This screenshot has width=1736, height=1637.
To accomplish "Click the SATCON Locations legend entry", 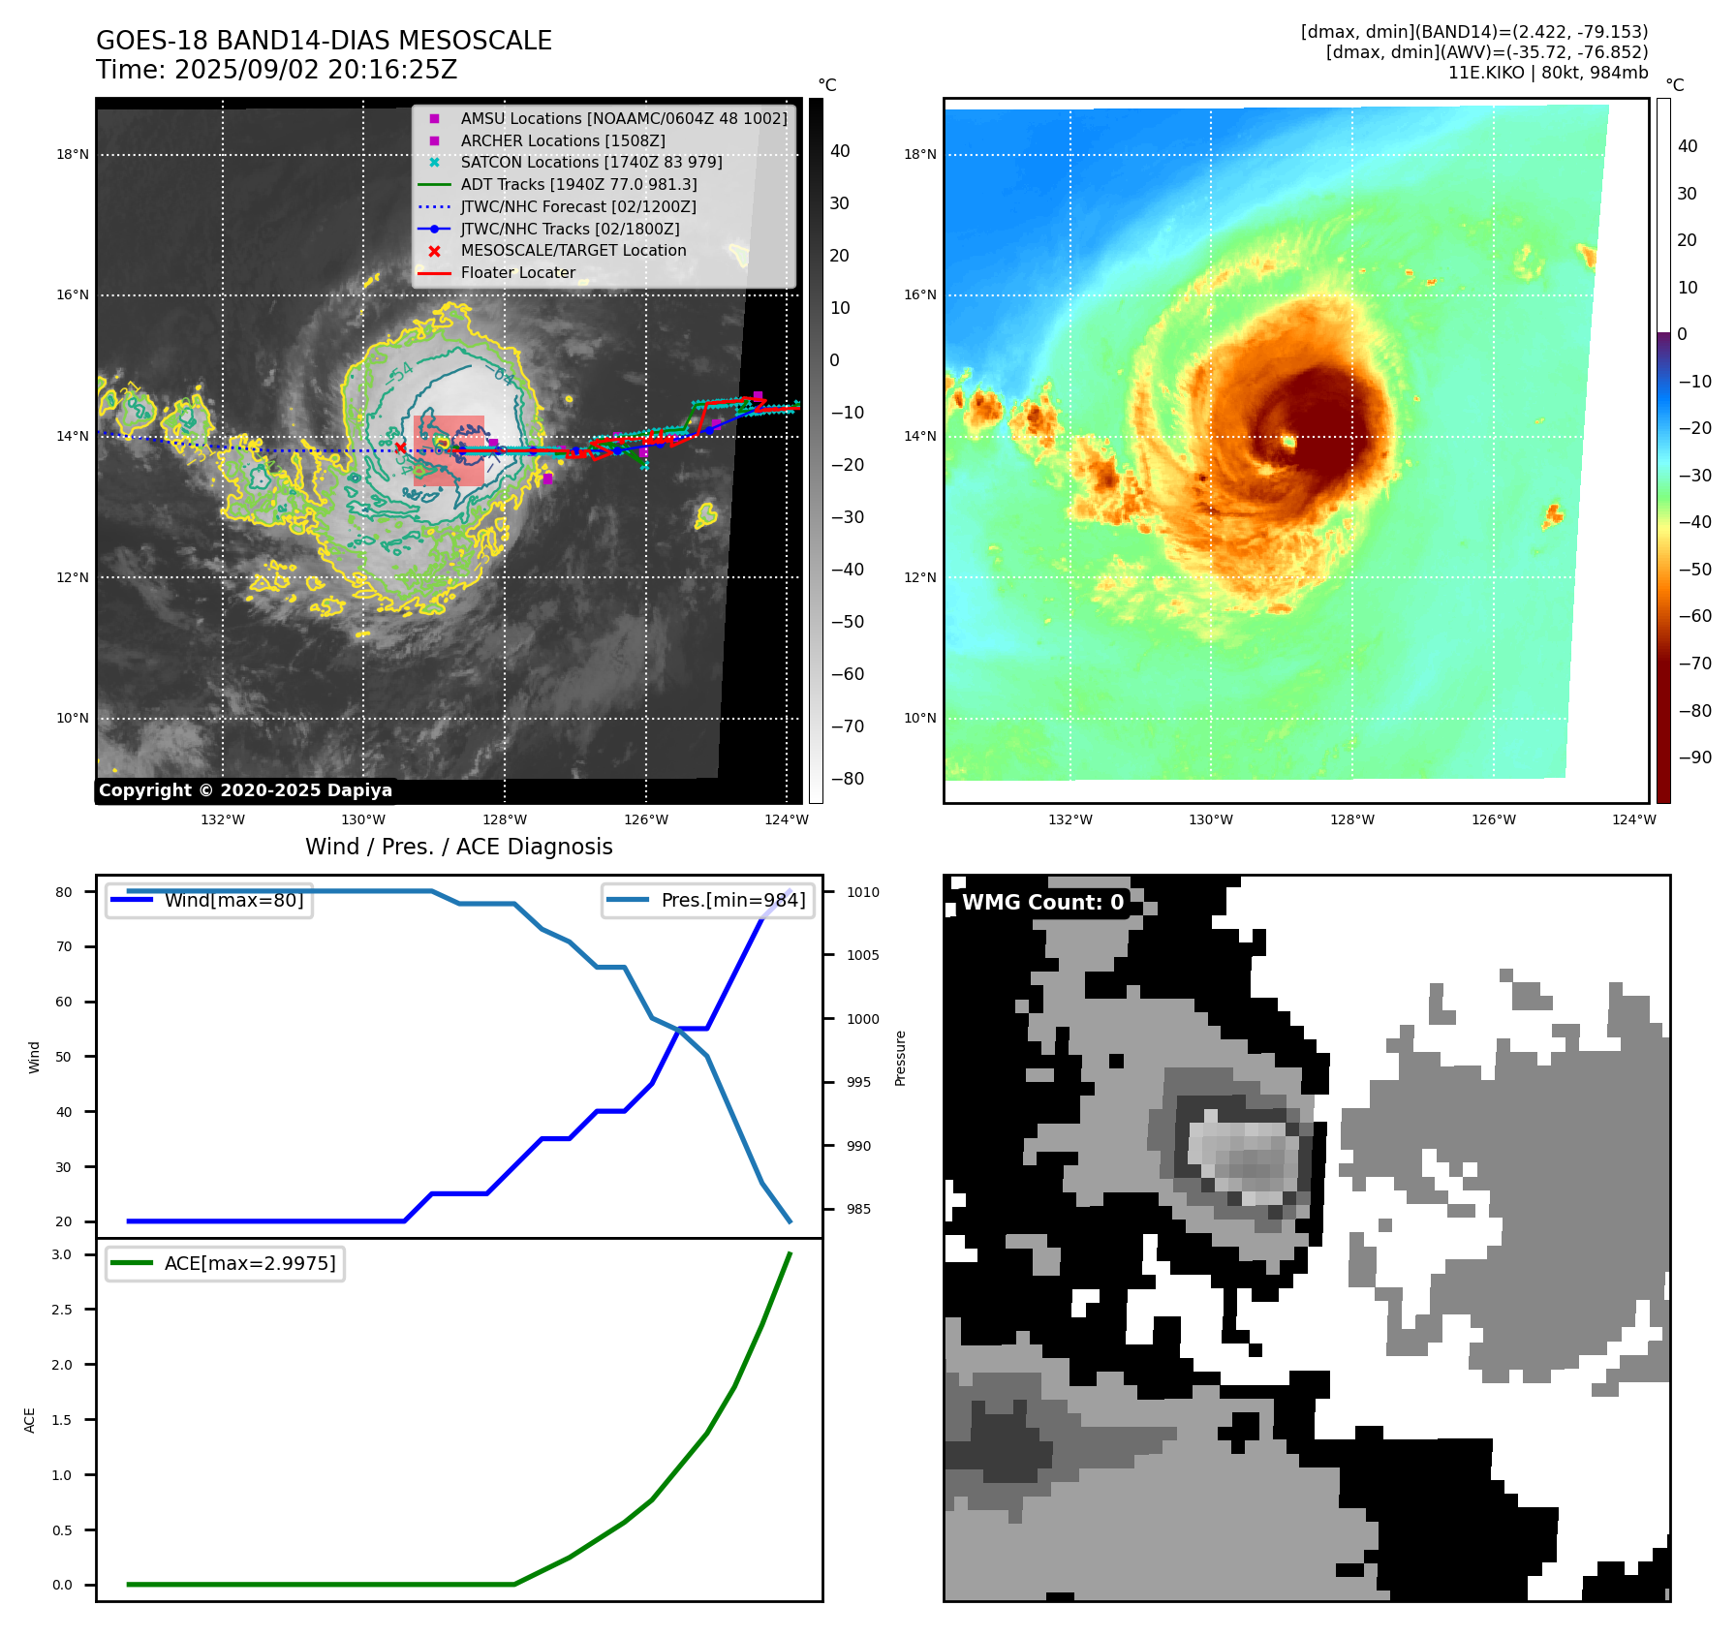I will pos(591,163).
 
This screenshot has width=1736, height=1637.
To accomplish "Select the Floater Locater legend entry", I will pos(517,273).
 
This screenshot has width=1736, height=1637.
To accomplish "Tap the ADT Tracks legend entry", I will pos(578,185).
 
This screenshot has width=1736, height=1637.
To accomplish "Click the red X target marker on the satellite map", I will pos(401,448).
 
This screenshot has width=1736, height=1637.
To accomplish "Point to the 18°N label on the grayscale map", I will pos(73,155).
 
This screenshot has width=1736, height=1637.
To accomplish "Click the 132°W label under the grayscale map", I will pos(223,820).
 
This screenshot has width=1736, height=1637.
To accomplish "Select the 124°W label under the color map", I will pos(1634,820).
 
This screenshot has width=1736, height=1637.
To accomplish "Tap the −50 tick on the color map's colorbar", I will pos(1694,570).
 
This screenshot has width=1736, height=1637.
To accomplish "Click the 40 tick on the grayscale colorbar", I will pos(840,151).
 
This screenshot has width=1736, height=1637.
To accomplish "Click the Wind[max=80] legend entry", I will pos(233,901).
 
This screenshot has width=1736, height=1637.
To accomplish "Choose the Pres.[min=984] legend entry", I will pos(732,901).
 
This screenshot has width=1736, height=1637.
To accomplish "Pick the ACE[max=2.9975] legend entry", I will pos(250,1264).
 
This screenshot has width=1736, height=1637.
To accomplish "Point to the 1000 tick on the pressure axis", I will pos(862,1019).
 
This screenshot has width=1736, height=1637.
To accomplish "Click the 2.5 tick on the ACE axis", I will pos(62,1310).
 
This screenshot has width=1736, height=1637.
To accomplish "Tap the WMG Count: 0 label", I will pos(1042,903).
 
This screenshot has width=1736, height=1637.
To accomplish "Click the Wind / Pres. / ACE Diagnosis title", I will pos(459,848).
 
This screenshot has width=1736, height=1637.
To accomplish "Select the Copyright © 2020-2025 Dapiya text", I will pos(245,790).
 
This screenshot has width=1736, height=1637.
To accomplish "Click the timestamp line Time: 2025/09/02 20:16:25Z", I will pos(276,71).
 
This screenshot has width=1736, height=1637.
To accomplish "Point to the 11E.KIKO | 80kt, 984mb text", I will pos(1547,73).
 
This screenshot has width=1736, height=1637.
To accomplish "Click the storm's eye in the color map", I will pos(1288,442).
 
